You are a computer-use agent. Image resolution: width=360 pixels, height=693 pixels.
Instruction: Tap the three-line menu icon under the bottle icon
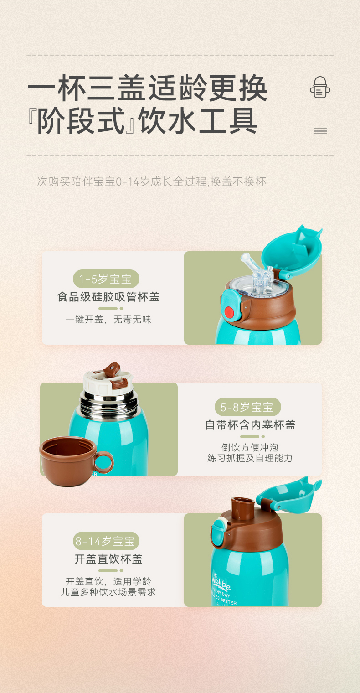coord(320,131)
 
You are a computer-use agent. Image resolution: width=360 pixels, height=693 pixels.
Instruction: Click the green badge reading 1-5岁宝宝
coord(106,279)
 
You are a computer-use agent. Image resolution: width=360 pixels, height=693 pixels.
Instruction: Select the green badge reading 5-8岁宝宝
coord(248,407)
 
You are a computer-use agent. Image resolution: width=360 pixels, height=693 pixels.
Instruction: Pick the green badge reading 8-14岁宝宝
coord(106,541)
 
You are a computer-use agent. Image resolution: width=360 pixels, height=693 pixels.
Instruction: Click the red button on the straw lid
coord(229,312)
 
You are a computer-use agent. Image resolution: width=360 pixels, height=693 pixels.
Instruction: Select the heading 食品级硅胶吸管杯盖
coord(108,297)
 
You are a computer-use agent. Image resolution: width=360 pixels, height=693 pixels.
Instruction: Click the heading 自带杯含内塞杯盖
coord(250,425)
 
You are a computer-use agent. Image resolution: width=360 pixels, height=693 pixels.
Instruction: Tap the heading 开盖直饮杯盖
coord(108,559)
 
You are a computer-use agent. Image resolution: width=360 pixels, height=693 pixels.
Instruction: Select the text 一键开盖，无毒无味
coord(108,320)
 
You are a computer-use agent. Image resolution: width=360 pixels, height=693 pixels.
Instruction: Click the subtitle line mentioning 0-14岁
coord(146,181)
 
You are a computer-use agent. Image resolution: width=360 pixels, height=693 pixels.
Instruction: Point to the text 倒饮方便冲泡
coord(250,447)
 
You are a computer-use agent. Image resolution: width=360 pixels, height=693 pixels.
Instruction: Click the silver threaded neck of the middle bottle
coord(109,402)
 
